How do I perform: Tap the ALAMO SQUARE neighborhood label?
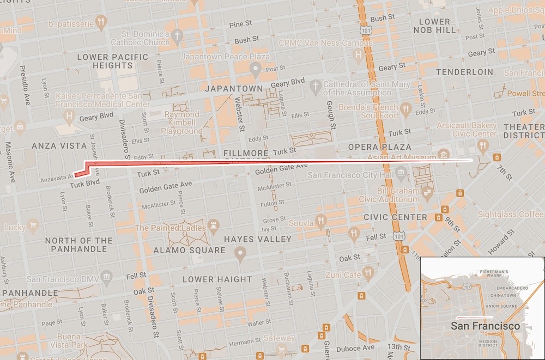189,250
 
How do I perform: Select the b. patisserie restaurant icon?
101,22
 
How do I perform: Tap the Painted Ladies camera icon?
214,224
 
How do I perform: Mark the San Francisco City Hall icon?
402,175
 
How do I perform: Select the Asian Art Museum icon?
444,154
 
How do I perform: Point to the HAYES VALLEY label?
258,239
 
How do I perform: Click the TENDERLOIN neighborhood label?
464,72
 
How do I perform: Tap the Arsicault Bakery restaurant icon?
482,145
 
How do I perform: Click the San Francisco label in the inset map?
485,326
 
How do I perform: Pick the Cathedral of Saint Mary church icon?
315,86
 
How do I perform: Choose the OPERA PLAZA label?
380,147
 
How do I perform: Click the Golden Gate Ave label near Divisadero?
166,187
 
